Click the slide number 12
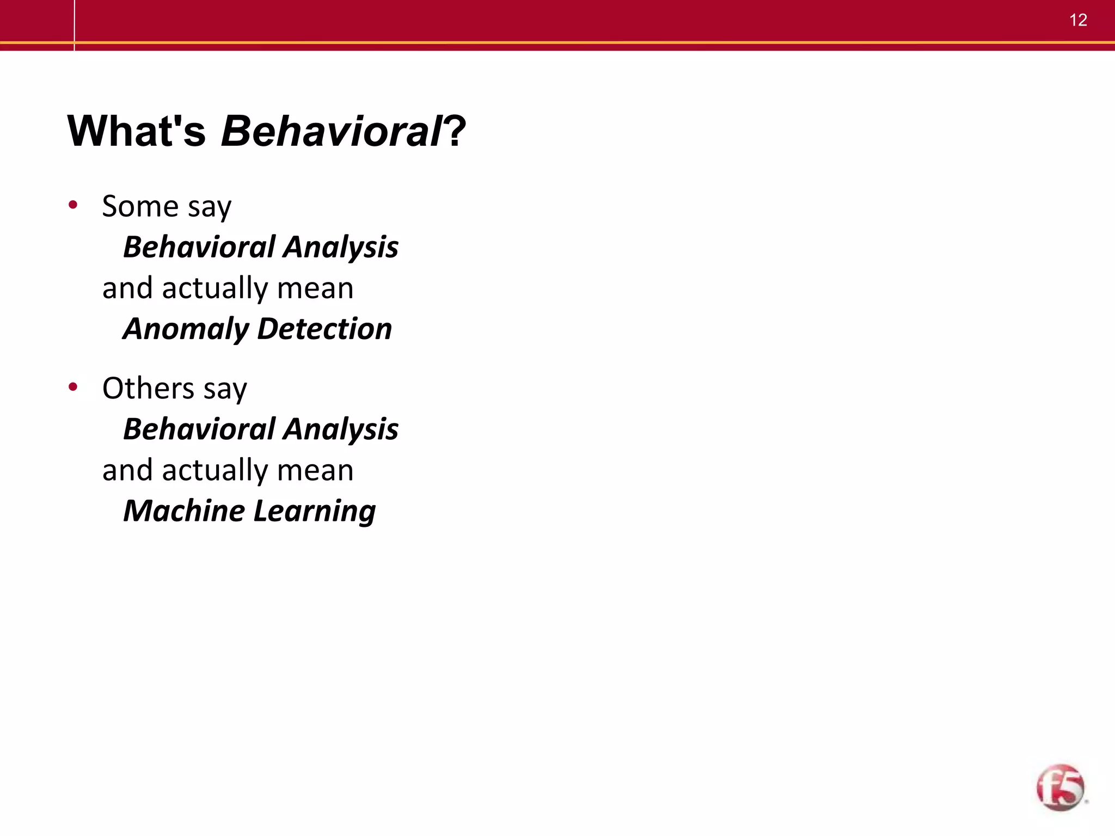click(1078, 20)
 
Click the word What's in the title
click(137, 131)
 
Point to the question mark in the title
click(456, 131)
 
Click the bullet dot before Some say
click(73, 205)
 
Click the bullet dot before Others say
click(73, 387)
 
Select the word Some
click(140, 206)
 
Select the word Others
click(148, 389)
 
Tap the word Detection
click(324, 329)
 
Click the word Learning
click(315, 512)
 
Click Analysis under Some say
click(341, 248)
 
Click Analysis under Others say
click(341, 429)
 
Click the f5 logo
click(1060, 788)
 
